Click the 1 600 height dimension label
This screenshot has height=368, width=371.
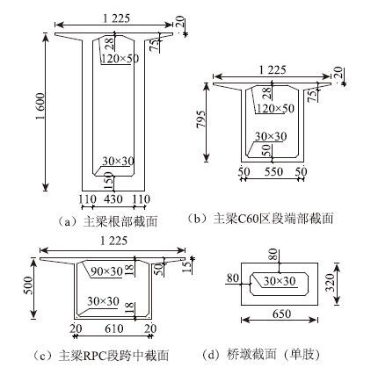(x=40, y=106)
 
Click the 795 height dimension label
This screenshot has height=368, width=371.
(x=201, y=119)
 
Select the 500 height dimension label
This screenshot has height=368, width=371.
(x=30, y=285)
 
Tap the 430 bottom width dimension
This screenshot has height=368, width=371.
(x=113, y=199)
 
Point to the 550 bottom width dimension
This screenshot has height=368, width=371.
(x=273, y=171)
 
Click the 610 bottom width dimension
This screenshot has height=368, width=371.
(x=114, y=328)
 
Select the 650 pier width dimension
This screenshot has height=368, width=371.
(x=281, y=314)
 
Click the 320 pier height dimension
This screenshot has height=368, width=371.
(x=331, y=282)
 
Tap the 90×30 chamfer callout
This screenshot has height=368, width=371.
(x=106, y=271)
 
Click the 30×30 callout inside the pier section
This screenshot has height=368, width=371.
(x=280, y=281)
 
